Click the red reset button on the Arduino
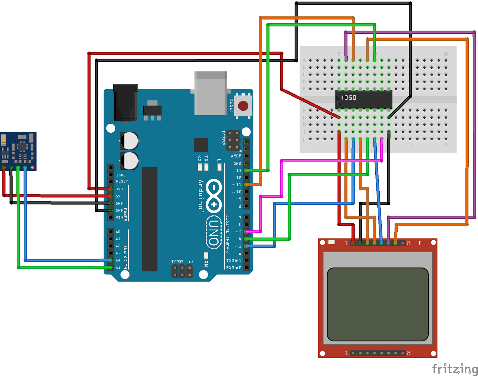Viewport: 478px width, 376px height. click(243, 106)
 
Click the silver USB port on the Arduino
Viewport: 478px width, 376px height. click(210, 93)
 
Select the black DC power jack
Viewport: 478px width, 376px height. click(125, 103)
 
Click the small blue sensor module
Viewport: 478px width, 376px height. click(18, 151)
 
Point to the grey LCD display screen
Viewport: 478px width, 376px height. click(378, 304)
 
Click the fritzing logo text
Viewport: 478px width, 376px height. click(454, 369)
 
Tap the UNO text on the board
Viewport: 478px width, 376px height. click(214, 233)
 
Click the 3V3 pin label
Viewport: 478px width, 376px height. click(119, 189)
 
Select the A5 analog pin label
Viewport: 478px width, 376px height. click(118, 268)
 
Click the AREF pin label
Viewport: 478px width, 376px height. click(236, 156)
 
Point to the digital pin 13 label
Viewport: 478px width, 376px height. click(238, 171)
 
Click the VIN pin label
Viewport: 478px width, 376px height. click(119, 218)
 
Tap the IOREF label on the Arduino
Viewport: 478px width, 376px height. click(122, 175)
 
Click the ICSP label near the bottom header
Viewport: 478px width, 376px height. click(177, 262)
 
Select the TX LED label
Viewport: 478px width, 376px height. click(206, 158)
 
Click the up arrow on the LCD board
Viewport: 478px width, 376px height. click(419, 243)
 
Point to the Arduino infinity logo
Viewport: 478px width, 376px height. click(214, 196)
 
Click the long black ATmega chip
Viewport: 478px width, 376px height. click(149, 219)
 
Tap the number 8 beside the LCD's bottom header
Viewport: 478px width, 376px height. click(409, 353)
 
